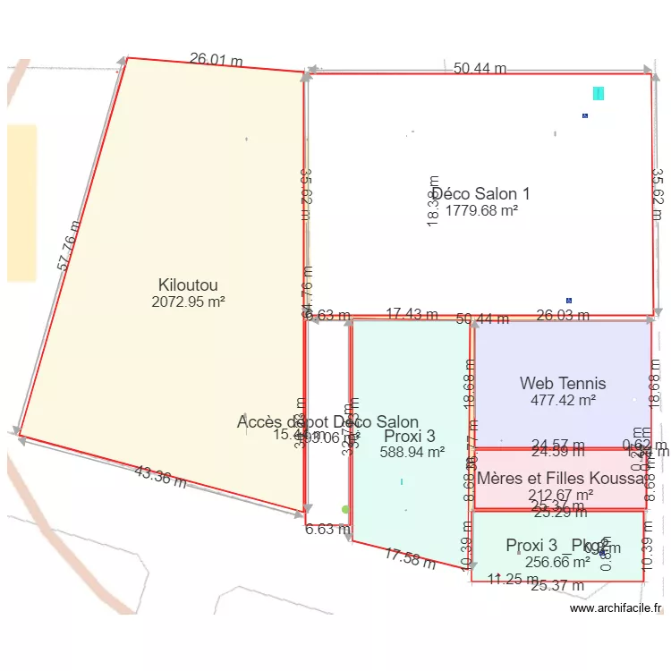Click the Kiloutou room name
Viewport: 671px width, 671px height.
[x=187, y=285]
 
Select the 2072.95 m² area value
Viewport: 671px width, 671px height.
[x=188, y=302]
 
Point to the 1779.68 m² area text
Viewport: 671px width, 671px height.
[x=482, y=210]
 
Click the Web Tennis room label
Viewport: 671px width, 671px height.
[x=563, y=384]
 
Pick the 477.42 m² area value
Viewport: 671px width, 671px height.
[x=563, y=401]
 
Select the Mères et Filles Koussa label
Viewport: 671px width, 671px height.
[x=561, y=479]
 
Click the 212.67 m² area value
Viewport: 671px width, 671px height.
[x=561, y=495]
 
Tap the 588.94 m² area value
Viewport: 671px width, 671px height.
[x=412, y=453]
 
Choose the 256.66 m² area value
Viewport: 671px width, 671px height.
[x=556, y=562]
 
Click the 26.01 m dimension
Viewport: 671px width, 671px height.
[x=217, y=60]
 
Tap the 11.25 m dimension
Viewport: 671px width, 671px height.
[x=513, y=580]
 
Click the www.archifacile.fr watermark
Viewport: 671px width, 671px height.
[x=616, y=608]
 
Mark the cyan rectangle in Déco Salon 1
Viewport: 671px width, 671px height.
[x=599, y=93]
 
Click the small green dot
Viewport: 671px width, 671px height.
[x=345, y=510]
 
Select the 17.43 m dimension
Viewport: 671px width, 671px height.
[x=412, y=314]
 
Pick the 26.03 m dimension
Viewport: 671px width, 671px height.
[x=563, y=315]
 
